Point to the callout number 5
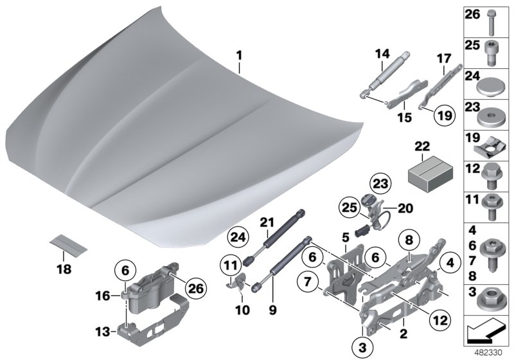tap(345, 237)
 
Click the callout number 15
tap(404, 118)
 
